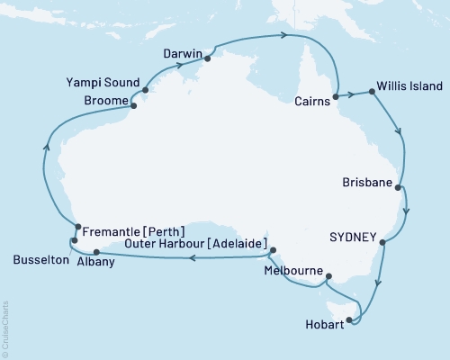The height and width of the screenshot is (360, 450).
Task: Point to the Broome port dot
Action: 134,105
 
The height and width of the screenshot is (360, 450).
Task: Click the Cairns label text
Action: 311,103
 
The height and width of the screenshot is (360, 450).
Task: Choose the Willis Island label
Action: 410,86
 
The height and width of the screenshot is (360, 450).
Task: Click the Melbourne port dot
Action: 328,276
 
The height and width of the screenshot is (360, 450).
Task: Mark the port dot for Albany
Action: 96,239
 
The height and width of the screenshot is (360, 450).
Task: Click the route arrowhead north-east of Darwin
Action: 284,36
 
